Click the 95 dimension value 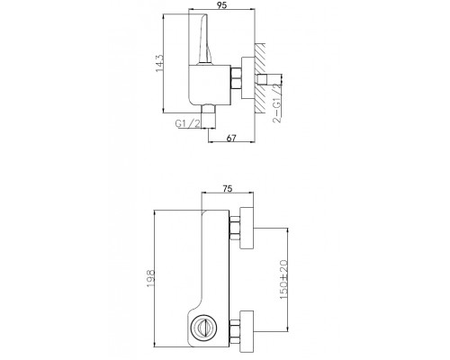[x=222, y=5]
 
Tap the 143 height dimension [x=159, y=63]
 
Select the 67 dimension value [x=231, y=138]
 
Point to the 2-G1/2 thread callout [x=278, y=102]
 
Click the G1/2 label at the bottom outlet [x=187, y=123]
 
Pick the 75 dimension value [x=228, y=189]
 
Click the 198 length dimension [x=150, y=278]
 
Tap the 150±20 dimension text [x=283, y=279]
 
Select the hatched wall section [x=260, y=77]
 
